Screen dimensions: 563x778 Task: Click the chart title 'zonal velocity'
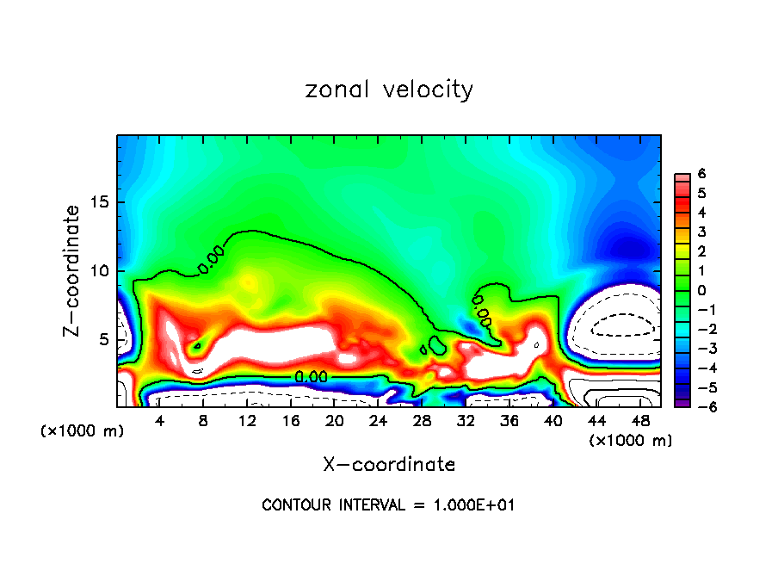pyautogui.click(x=389, y=90)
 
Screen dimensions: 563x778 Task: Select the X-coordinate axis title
pyautogui.click(x=389, y=465)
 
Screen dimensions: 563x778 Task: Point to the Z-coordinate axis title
pyautogui.click(x=73, y=270)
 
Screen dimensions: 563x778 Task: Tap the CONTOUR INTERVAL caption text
pyautogui.click(x=388, y=505)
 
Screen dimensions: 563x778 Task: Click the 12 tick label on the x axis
pyautogui.click(x=247, y=421)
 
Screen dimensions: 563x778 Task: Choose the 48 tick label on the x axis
pyautogui.click(x=639, y=421)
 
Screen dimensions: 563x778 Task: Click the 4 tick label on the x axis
pyautogui.click(x=160, y=421)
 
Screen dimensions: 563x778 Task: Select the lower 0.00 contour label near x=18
pyautogui.click(x=311, y=376)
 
